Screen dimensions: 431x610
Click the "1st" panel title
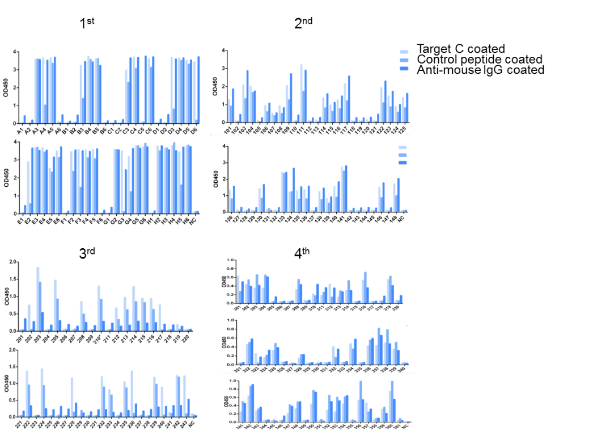(87, 23)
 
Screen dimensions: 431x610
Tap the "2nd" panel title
(304, 23)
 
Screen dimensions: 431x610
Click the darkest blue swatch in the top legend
(404, 69)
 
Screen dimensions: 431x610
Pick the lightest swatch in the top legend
(404, 50)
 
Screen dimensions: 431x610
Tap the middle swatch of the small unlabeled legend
(403, 155)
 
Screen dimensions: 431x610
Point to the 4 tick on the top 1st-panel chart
(15, 52)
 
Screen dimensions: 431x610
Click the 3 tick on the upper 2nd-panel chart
(224, 68)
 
